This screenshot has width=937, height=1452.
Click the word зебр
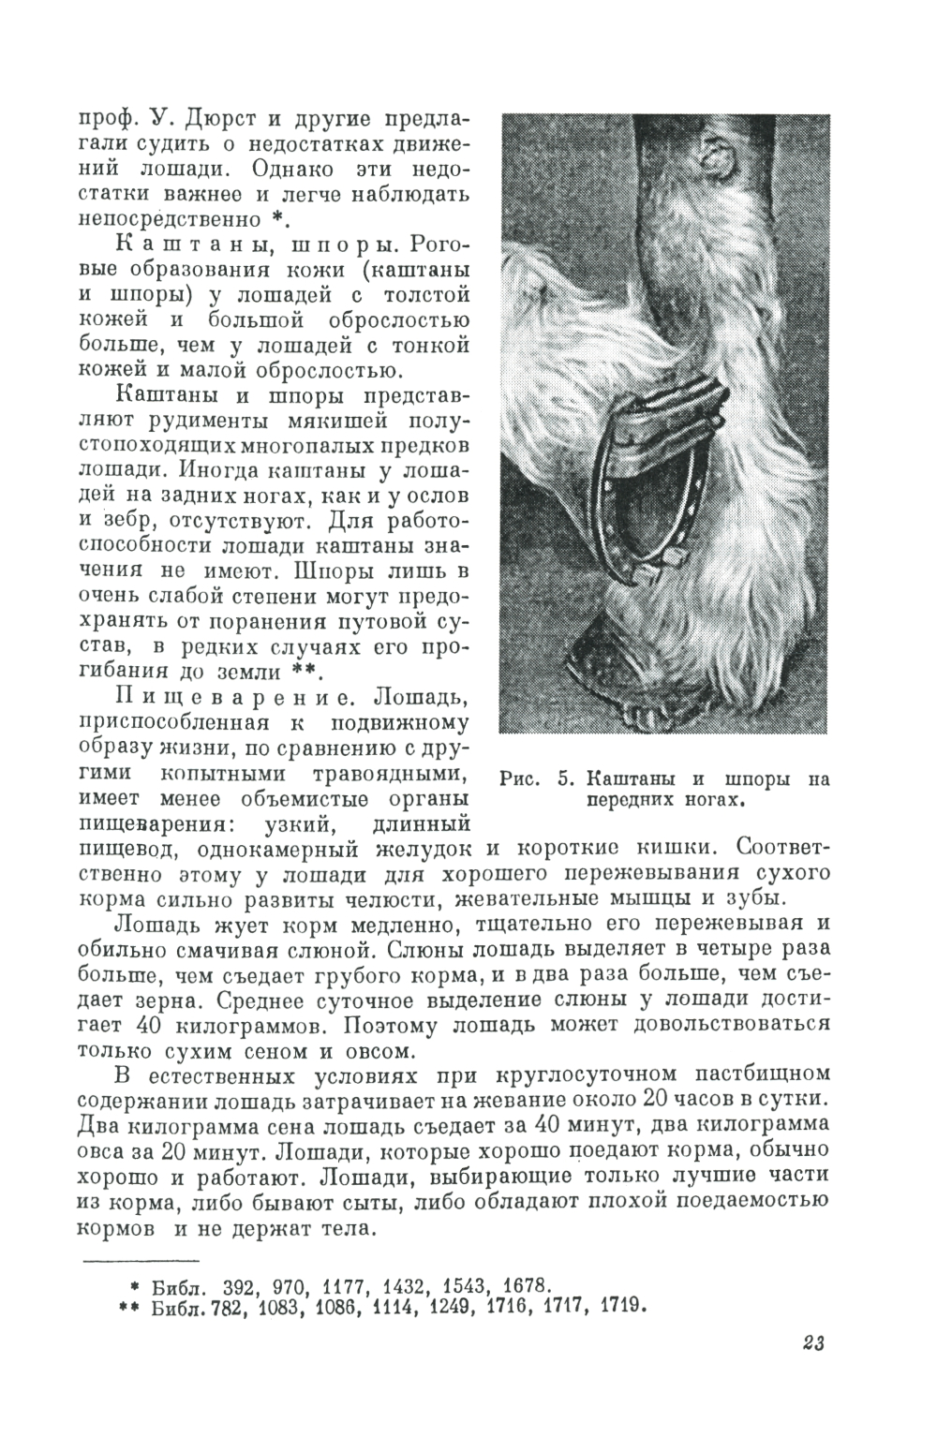152,518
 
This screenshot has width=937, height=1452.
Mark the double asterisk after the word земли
301,672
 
